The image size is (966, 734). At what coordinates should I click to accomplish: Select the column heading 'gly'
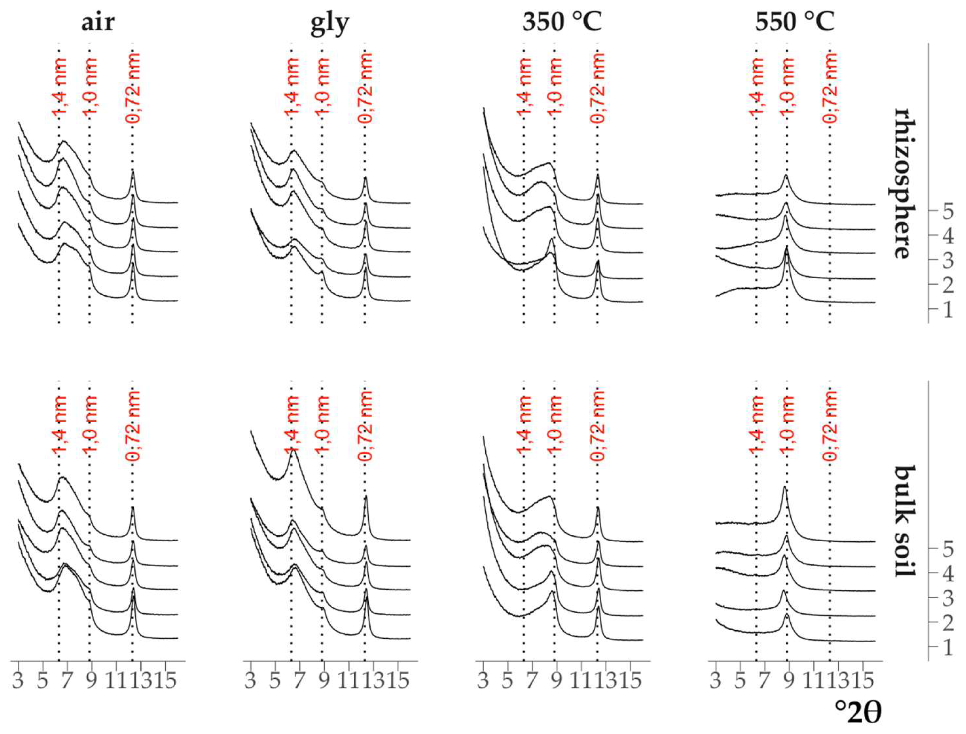tap(330, 23)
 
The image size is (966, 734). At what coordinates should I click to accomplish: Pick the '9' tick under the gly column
tap(324, 681)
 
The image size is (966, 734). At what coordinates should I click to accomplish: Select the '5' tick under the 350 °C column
tap(508, 681)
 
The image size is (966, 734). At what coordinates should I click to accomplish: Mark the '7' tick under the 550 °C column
tap(764, 681)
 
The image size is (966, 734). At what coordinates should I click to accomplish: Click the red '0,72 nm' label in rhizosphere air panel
tap(133, 87)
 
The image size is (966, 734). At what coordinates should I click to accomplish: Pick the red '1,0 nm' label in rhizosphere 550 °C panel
tap(787, 87)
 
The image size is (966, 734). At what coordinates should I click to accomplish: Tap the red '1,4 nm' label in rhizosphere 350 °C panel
tap(525, 87)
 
